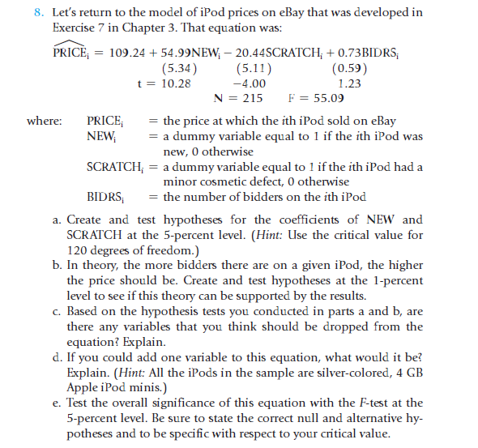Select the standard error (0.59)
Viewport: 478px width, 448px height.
click(x=348, y=67)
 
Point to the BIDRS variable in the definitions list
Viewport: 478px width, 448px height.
click(x=105, y=197)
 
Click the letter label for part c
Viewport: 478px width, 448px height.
click(x=55, y=311)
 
